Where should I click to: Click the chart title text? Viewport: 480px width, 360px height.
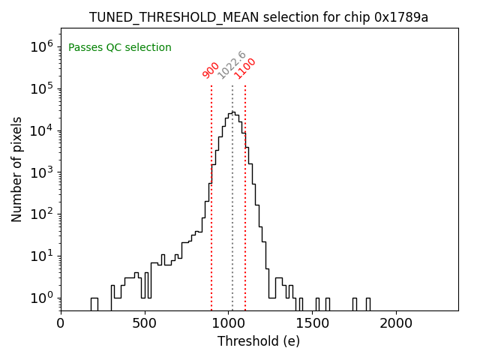click(259, 17)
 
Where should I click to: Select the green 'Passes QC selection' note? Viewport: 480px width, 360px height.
click(120, 48)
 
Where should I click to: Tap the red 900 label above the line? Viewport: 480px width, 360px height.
click(211, 70)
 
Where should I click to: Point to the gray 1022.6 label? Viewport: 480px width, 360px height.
click(232, 65)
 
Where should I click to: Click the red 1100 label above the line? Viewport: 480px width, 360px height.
click(245, 68)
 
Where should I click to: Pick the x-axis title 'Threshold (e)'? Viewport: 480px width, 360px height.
click(259, 341)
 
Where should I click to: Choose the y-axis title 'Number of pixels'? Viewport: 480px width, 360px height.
click(17, 169)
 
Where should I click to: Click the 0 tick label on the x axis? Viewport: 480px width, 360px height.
click(61, 324)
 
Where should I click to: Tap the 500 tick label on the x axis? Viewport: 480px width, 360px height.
click(145, 324)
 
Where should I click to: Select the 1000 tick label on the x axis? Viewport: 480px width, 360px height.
click(229, 324)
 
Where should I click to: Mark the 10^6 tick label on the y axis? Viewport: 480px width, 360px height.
click(41, 46)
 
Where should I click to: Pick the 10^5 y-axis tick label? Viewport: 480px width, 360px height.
click(41, 88)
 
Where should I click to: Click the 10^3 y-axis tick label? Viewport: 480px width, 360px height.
click(41, 172)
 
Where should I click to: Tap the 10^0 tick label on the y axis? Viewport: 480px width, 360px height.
click(41, 298)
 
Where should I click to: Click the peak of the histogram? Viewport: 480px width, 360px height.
click(233, 112)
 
